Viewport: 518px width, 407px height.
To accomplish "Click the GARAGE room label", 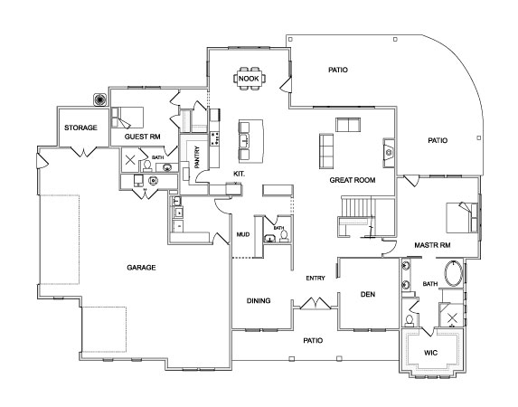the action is [x=141, y=267].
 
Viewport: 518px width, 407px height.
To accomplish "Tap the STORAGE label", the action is [x=80, y=128].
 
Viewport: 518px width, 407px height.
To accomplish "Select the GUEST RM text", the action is [x=143, y=137].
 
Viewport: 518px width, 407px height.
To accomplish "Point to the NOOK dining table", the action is [x=250, y=79].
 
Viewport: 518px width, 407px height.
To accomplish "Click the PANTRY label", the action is [x=197, y=157].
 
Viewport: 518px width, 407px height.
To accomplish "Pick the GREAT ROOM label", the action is [x=353, y=180].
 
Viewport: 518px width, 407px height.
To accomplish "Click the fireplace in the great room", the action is [x=389, y=153].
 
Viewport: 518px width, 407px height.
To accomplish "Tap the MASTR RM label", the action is [x=432, y=245].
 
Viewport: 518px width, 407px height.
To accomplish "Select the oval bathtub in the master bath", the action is [x=454, y=273].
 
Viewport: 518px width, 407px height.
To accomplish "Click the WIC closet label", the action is [x=430, y=353].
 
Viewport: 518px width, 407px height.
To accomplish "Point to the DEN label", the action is [x=368, y=294].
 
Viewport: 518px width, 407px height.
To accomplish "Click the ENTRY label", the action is [x=316, y=278].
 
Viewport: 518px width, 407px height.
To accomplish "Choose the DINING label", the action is [x=259, y=300].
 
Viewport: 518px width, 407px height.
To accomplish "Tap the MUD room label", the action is [x=243, y=234].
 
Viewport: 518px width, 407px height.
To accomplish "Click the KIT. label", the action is [x=240, y=174].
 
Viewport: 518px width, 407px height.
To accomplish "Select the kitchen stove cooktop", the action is [x=215, y=138].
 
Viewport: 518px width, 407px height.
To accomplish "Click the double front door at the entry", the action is [x=316, y=304].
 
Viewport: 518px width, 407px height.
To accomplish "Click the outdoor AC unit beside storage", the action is [x=99, y=99].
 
